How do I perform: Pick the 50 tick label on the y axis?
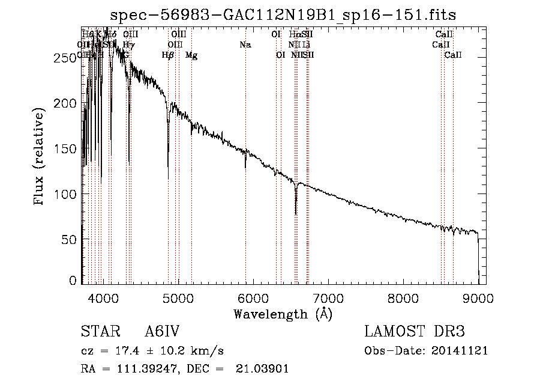pos(70,240)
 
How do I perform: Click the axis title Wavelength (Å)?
pos(283,314)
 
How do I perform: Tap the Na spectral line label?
pos(245,44)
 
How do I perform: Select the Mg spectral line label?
pos(191,55)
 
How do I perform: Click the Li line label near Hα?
pos(307,44)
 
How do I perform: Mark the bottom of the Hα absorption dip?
pos(296,213)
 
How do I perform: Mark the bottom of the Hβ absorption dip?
pos(168,178)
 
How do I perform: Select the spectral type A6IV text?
pos(163,332)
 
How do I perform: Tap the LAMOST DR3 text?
pos(415,332)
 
